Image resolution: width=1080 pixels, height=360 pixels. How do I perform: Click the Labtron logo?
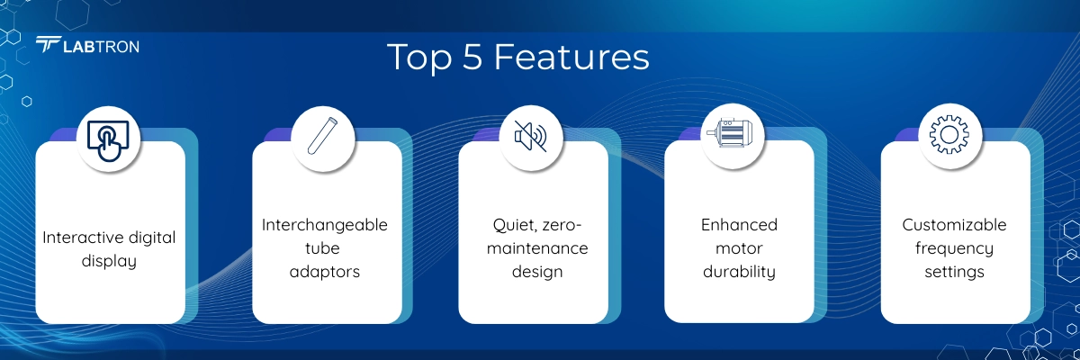[87, 45]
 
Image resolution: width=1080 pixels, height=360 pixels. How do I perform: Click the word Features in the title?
[571, 58]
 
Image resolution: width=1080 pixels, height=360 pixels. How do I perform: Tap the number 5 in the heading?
[472, 58]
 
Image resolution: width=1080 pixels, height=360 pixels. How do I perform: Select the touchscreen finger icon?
[108, 140]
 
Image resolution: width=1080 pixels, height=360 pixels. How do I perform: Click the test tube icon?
[322, 136]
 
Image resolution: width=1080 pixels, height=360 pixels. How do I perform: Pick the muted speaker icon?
[531, 137]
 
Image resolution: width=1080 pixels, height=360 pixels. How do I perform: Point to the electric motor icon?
[730, 133]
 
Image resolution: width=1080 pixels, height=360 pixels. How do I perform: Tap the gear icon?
[949, 135]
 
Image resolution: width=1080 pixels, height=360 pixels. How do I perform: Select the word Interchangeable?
[325, 225]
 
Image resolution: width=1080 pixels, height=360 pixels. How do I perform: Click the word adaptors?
[325, 272]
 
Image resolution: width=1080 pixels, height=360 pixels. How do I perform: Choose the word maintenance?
[537, 248]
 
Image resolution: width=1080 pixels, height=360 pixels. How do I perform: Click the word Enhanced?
[739, 225]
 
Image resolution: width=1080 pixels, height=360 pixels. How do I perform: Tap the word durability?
[739, 272]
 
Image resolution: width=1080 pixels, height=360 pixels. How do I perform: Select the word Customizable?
[954, 225]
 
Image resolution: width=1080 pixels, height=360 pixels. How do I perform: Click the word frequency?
[954, 249]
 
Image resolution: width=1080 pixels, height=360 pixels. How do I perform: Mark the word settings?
[954, 273]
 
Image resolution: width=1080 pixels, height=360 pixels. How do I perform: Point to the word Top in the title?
[419, 58]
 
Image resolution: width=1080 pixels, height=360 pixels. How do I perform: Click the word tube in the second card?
[322, 248]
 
